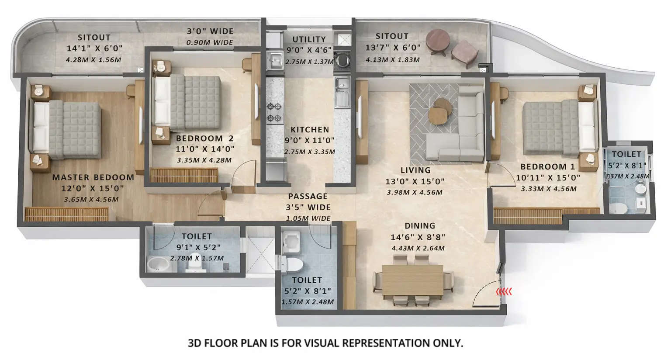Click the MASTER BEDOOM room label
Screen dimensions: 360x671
pyautogui.click(x=93, y=177)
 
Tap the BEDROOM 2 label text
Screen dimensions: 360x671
pyautogui.click(x=204, y=138)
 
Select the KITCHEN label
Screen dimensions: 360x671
pyautogui.click(x=309, y=130)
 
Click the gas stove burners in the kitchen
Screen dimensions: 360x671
pyautogui.click(x=274, y=112)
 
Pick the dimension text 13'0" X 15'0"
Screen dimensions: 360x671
pyautogui.click(x=415, y=181)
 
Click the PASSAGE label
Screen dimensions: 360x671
pyautogui.click(x=308, y=197)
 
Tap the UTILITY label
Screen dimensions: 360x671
pyautogui.click(x=309, y=39)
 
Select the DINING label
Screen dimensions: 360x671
pyautogui.click(x=419, y=226)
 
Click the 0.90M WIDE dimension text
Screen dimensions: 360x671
pyautogui.click(x=210, y=42)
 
